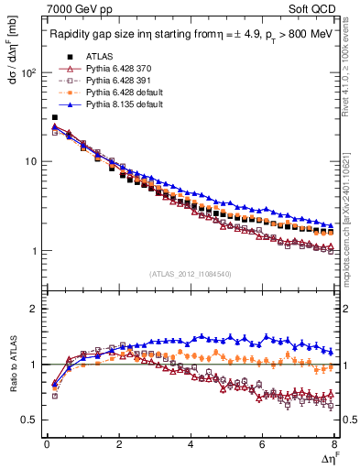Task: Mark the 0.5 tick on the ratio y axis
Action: point(30,420)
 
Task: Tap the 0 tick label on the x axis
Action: point(47,446)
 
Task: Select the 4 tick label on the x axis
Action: point(190,446)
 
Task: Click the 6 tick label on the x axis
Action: point(262,446)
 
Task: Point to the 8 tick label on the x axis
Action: point(333,446)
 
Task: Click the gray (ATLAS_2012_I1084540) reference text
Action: point(190,272)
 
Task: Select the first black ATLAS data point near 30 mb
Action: point(55,117)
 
